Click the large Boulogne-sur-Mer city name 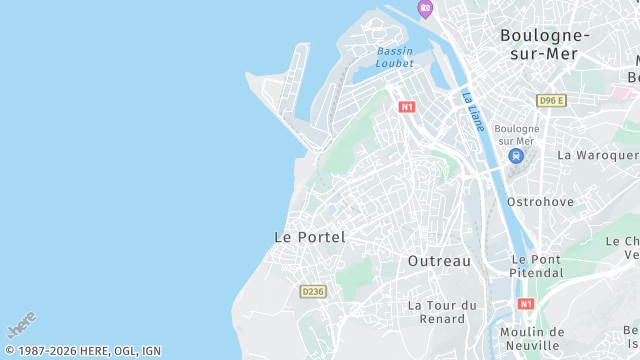coord(545,43)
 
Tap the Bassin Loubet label coord(394,57)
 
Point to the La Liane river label coord(473,111)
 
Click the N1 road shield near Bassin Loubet coord(406,106)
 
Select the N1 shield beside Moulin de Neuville coord(526,303)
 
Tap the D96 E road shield coord(551,100)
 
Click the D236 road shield coord(312,291)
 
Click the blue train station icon coord(516,156)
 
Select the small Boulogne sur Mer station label coord(517,135)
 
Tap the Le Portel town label coord(309,237)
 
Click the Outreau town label coord(439,260)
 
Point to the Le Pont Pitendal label coord(536,265)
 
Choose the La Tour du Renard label coord(442,311)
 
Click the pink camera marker coord(425,8)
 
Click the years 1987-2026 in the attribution coord(49,351)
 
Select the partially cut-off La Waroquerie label coord(598,155)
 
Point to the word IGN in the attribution coord(151,351)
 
